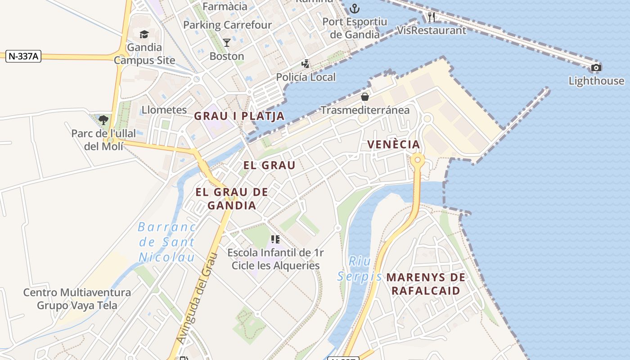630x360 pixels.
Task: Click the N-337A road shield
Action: click(23, 56)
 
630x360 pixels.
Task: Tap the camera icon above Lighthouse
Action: click(596, 68)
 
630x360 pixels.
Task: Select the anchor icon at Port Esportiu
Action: click(355, 8)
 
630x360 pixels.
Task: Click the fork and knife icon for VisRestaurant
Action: click(432, 18)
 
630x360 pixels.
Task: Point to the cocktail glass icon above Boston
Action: click(227, 43)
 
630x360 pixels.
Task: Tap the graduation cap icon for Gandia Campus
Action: click(144, 34)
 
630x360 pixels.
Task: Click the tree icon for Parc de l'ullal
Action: click(103, 120)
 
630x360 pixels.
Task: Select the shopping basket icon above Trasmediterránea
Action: click(364, 97)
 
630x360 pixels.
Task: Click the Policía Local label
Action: click(306, 77)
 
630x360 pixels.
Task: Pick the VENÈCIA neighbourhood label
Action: click(394, 144)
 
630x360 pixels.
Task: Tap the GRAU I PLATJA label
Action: click(239, 116)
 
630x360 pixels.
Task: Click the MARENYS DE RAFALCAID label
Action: click(426, 283)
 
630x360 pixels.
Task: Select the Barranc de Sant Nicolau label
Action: click(167, 242)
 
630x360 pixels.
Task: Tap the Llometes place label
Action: click(164, 110)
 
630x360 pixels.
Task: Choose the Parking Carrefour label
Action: click(227, 25)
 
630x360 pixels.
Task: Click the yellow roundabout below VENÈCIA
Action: click(418, 160)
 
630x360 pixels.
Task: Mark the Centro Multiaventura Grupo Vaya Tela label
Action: click(77, 299)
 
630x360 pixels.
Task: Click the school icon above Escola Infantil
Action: click(275, 239)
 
